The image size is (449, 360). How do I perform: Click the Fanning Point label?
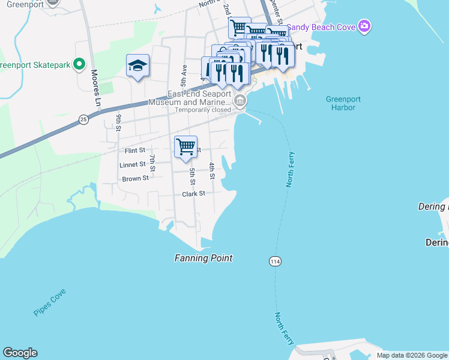[203, 258]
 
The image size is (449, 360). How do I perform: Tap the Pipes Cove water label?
[50, 302]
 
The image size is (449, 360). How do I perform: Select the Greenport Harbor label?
[341, 103]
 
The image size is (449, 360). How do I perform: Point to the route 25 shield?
[83, 121]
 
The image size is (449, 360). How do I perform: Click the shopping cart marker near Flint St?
[185, 146]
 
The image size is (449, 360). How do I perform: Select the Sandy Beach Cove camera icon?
[364, 26]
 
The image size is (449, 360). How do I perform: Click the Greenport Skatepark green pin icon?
[78, 64]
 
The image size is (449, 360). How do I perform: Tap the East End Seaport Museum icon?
[240, 101]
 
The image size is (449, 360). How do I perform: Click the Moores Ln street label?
[95, 88]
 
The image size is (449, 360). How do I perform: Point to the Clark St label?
[194, 194]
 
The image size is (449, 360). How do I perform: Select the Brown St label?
[135, 179]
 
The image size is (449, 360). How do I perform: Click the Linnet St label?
[133, 164]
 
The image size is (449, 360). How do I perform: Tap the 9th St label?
[119, 122]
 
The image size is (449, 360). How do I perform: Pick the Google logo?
[20, 353]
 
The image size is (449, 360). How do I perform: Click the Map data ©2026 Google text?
[412, 355]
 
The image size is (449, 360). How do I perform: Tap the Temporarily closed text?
[203, 110]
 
